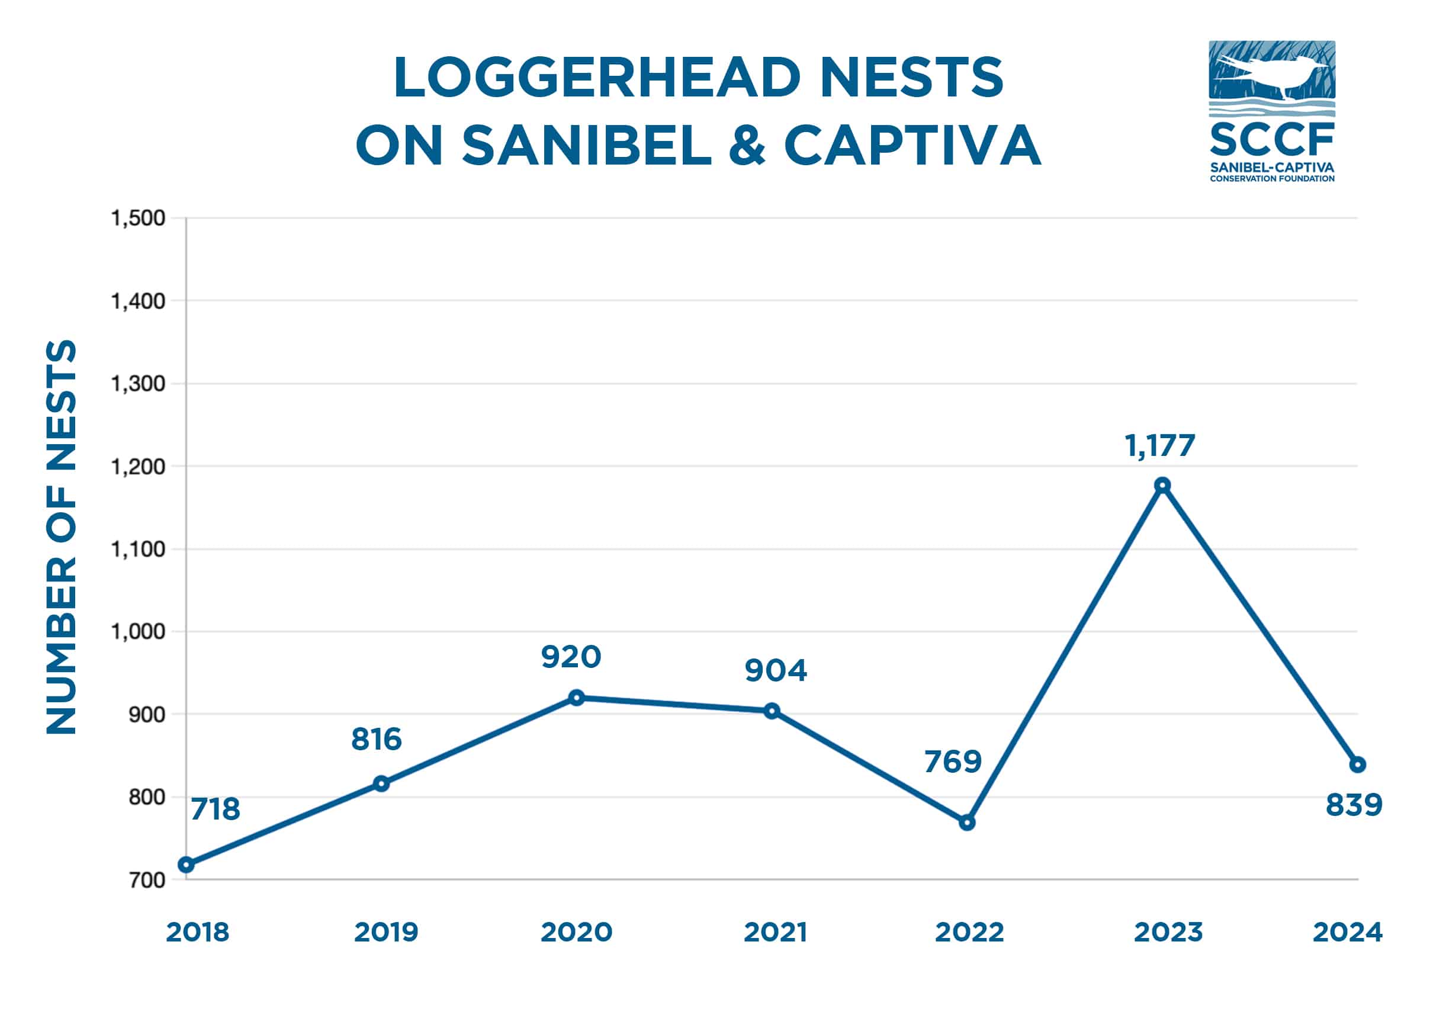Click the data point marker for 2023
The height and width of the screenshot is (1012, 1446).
[1162, 485]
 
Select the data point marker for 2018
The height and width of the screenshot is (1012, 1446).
[186, 865]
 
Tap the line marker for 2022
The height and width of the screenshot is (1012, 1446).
[967, 823]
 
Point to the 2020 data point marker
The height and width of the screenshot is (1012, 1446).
[576, 697]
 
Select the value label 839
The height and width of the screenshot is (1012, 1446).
[1354, 805]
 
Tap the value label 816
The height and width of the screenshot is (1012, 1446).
[376, 740]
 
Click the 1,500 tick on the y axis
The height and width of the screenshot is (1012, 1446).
[138, 219]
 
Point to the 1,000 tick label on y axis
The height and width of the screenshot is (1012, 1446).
[138, 631]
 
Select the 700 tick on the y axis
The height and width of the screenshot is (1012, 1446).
[147, 881]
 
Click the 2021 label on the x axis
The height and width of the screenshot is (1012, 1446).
[775, 933]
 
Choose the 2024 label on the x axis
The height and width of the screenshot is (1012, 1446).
[1347, 933]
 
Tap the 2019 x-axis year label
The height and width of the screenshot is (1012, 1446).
[386, 933]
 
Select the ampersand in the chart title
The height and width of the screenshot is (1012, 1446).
[746, 146]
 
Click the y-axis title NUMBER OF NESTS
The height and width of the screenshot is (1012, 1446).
[61, 536]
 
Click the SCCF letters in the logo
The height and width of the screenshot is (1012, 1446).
[1271, 140]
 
